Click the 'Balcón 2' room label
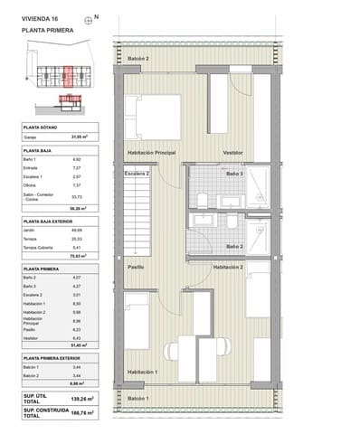coord(137,59)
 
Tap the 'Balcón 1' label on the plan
coord(137,398)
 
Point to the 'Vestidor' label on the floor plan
coord(235,153)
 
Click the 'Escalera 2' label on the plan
coord(137,173)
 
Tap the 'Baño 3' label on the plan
coord(234,173)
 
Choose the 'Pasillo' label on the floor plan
coord(136,268)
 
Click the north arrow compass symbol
coord(87,19)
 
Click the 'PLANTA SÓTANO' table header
coord(43,127)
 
